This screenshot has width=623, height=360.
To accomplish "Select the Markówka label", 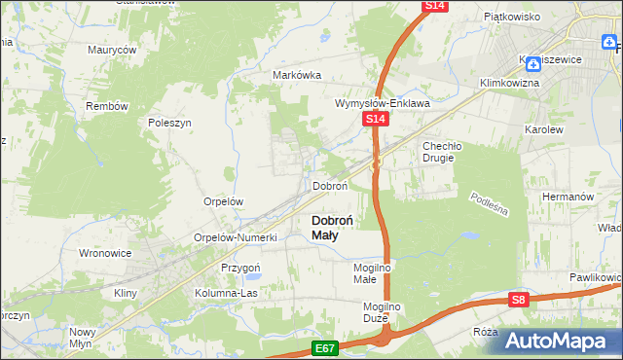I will point(297,75).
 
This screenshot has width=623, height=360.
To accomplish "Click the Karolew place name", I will point(544,128).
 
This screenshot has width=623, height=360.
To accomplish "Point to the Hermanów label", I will point(568,196).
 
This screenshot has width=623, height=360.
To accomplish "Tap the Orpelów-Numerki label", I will point(237,237).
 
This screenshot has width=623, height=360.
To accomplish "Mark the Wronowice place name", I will point(104,253).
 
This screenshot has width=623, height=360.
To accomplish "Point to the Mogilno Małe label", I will point(371,273).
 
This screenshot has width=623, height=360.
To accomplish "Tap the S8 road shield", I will point(520,301).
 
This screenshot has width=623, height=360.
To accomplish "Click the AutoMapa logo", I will point(554,342).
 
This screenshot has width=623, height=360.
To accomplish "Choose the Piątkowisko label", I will point(512,17).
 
